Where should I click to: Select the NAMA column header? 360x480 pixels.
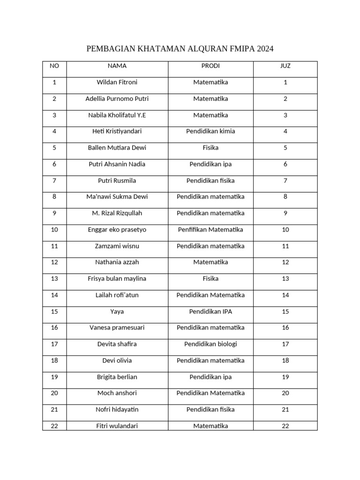(117, 66)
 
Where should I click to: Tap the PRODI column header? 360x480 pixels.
(210, 66)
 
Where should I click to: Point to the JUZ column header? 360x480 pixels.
(285, 66)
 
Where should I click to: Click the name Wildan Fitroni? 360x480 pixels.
(117, 82)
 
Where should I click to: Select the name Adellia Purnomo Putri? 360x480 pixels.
(117, 99)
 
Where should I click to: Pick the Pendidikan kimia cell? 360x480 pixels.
(210, 131)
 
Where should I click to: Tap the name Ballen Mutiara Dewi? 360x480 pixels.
(117, 148)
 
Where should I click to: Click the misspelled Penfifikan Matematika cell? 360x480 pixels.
(210, 230)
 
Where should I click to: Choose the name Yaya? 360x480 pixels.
(117, 312)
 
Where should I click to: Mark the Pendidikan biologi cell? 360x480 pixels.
(210, 344)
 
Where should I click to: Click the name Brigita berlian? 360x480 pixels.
(117, 377)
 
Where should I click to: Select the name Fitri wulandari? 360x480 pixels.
(117, 426)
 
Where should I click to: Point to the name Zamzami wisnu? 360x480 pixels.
(117, 246)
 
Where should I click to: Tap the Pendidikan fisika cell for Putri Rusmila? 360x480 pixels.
(210, 180)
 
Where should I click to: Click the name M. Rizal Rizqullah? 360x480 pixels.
(117, 213)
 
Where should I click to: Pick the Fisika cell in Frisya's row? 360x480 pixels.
(210, 279)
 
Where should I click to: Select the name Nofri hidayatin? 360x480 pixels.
(117, 410)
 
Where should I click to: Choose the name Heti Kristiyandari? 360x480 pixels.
(117, 131)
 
